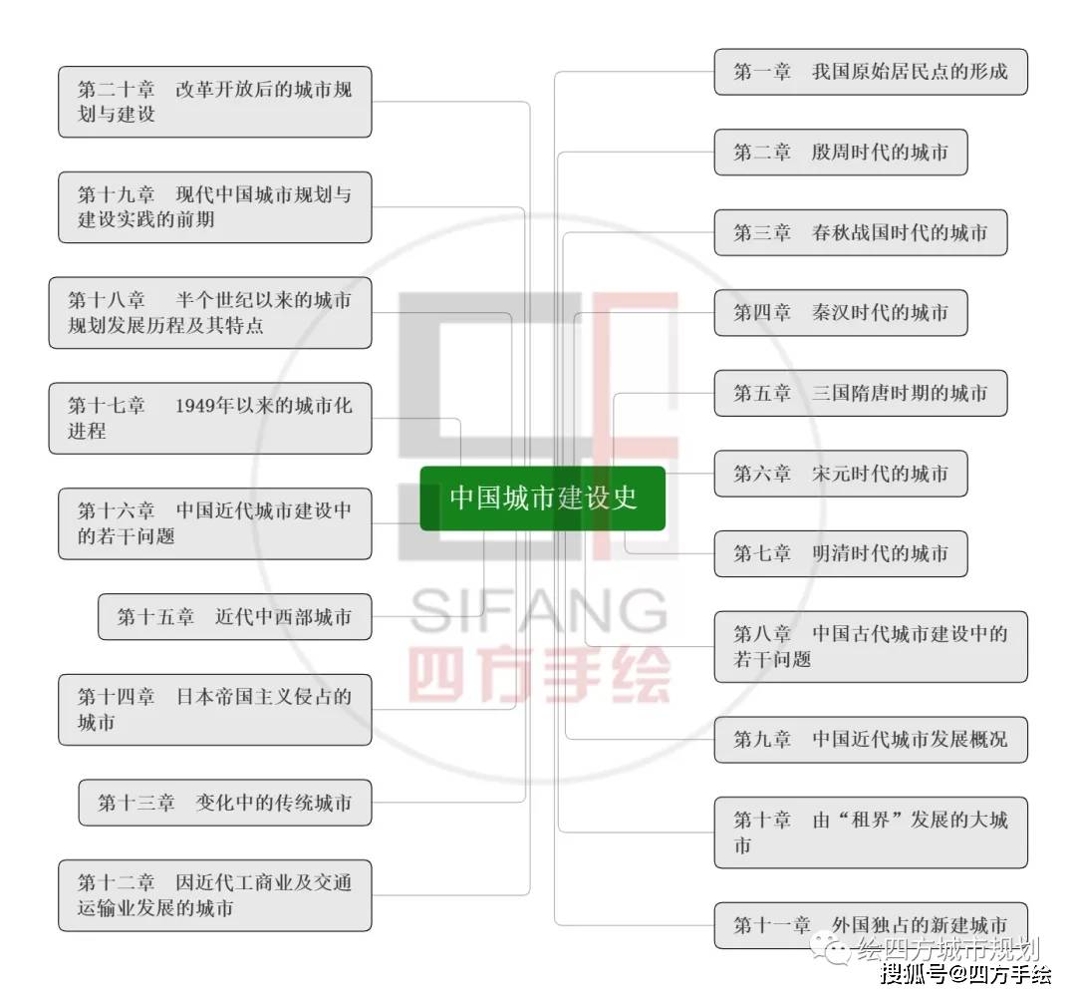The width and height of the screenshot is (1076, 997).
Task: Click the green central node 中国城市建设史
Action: (x=542, y=498)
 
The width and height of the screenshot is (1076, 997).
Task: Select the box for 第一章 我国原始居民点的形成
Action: (x=870, y=72)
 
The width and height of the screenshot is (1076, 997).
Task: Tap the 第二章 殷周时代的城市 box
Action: (x=841, y=153)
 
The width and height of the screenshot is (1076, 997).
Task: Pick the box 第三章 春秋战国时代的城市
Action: (x=861, y=232)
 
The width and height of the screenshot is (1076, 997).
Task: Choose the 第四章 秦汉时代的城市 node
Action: (x=841, y=313)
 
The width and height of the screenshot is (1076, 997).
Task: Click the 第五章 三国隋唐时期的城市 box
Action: (x=861, y=394)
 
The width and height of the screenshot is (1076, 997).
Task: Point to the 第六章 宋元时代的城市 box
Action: (x=841, y=474)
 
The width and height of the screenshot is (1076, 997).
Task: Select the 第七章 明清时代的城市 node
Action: (x=841, y=554)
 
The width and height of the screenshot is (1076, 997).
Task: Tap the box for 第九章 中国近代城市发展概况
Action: (x=870, y=740)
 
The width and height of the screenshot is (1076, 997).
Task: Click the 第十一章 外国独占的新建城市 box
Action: (x=870, y=925)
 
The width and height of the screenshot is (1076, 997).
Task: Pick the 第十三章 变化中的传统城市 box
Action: (x=225, y=803)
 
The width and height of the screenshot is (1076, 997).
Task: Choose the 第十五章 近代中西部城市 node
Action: (x=235, y=617)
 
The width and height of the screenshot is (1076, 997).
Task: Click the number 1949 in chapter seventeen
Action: (x=195, y=406)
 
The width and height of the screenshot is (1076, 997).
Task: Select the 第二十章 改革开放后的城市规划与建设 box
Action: (x=215, y=103)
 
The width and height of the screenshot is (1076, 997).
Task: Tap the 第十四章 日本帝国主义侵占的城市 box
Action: (x=215, y=710)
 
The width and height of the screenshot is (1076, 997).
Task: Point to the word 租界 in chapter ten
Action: (x=870, y=820)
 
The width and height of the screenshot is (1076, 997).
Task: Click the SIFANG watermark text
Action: (x=539, y=610)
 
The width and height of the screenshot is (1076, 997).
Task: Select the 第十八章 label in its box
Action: (x=107, y=300)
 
